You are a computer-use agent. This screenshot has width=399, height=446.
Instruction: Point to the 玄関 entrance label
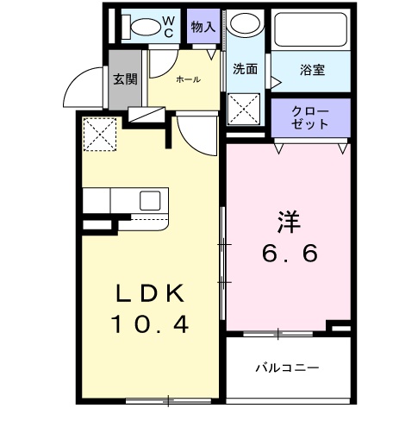point(125,80)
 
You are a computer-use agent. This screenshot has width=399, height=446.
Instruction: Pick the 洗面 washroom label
point(246,70)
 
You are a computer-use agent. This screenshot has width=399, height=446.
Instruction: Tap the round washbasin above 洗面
point(247,25)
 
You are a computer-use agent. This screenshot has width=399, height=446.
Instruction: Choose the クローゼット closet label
point(310,117)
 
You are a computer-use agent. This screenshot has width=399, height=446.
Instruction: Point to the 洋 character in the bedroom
point(288,220)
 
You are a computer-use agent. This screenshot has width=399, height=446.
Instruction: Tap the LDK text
point(151,293)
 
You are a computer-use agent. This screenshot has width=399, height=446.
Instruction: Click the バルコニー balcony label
point(287,367)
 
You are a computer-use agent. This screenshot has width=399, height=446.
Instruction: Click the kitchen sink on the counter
point(150,201)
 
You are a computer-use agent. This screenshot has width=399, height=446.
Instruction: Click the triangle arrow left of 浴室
point(277,83)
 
